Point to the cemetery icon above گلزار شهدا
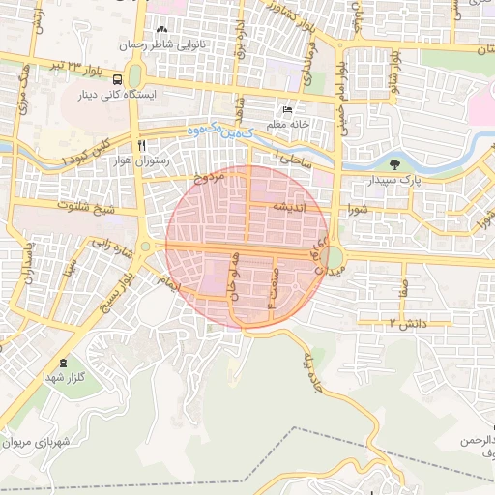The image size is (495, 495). (x=65, y=363)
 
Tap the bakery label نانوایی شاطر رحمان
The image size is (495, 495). (x=162, y=44)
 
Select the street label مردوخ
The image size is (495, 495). (x=208, y=176)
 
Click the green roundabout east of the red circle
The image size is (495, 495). (x=334, y=257)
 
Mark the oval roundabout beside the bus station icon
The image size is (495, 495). (x=133, y=75)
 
